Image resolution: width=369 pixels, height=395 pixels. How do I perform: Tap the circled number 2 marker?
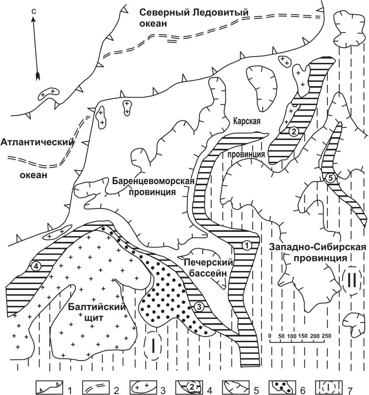293,132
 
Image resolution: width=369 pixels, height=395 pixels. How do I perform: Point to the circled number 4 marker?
36,267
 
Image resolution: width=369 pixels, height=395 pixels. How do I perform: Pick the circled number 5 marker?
331,179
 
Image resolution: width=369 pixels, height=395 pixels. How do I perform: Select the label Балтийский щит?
96,312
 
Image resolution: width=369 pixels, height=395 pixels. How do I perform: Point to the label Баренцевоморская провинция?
154,187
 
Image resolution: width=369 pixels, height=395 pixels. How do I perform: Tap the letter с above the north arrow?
34,12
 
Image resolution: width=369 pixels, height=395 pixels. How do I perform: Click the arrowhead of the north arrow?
38,75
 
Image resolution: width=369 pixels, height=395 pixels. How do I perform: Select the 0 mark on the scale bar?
270,335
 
